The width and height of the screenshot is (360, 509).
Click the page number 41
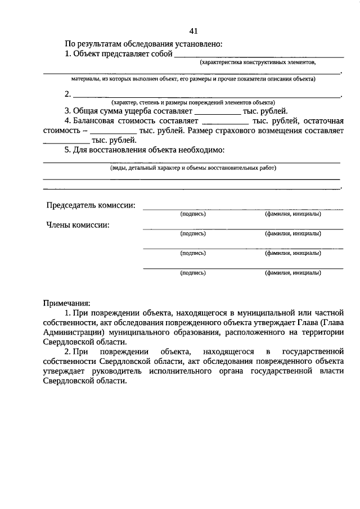(193, 30)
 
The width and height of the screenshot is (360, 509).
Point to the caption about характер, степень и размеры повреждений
(193, 102)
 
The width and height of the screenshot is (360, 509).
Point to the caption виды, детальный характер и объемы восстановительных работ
(193, 168)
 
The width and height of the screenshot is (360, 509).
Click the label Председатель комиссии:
(91, 205)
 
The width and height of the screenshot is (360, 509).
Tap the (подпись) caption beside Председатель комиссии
(193, 214)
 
